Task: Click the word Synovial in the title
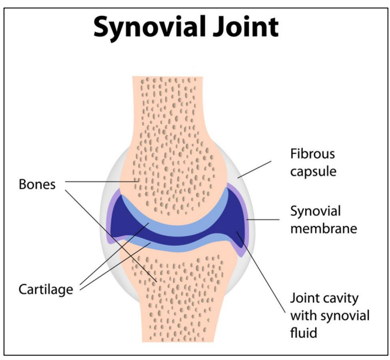coord(149,28)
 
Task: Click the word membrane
coord(323,228)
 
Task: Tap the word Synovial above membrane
coord(315,211)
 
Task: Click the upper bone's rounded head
coord(170,176)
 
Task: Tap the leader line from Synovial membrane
coord(267,220)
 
